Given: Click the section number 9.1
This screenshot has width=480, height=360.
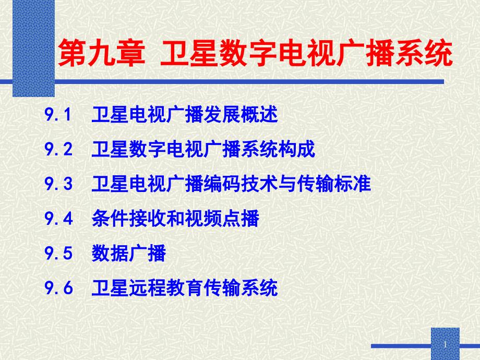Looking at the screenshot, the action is [58, 114].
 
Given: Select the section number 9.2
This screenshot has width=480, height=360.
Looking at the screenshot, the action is [58, 149].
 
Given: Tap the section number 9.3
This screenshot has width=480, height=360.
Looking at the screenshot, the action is [58, 184].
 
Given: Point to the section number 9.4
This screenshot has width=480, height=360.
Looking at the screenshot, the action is [58, 219].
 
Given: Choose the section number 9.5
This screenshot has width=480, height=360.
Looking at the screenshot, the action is [58, 253].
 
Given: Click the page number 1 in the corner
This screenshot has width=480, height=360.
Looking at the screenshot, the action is [445, 345].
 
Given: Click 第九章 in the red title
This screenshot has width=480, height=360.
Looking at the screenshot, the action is [101, 53].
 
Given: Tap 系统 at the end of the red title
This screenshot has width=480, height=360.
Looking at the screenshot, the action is [424, 53].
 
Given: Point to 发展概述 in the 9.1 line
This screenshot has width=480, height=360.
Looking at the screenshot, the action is [241, 114].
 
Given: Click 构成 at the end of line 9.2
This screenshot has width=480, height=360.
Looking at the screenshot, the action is [296, 149].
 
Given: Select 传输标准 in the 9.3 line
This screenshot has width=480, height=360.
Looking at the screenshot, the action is [334, 184].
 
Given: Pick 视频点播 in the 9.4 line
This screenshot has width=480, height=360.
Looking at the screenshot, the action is [222, 219].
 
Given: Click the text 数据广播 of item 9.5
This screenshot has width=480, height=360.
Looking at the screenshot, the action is [128, 253].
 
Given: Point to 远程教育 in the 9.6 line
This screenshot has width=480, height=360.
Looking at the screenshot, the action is [166, 288].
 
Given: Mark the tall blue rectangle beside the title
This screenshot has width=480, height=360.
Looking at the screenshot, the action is [33, 49].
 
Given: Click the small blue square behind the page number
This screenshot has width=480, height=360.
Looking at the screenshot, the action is [446, 344].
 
